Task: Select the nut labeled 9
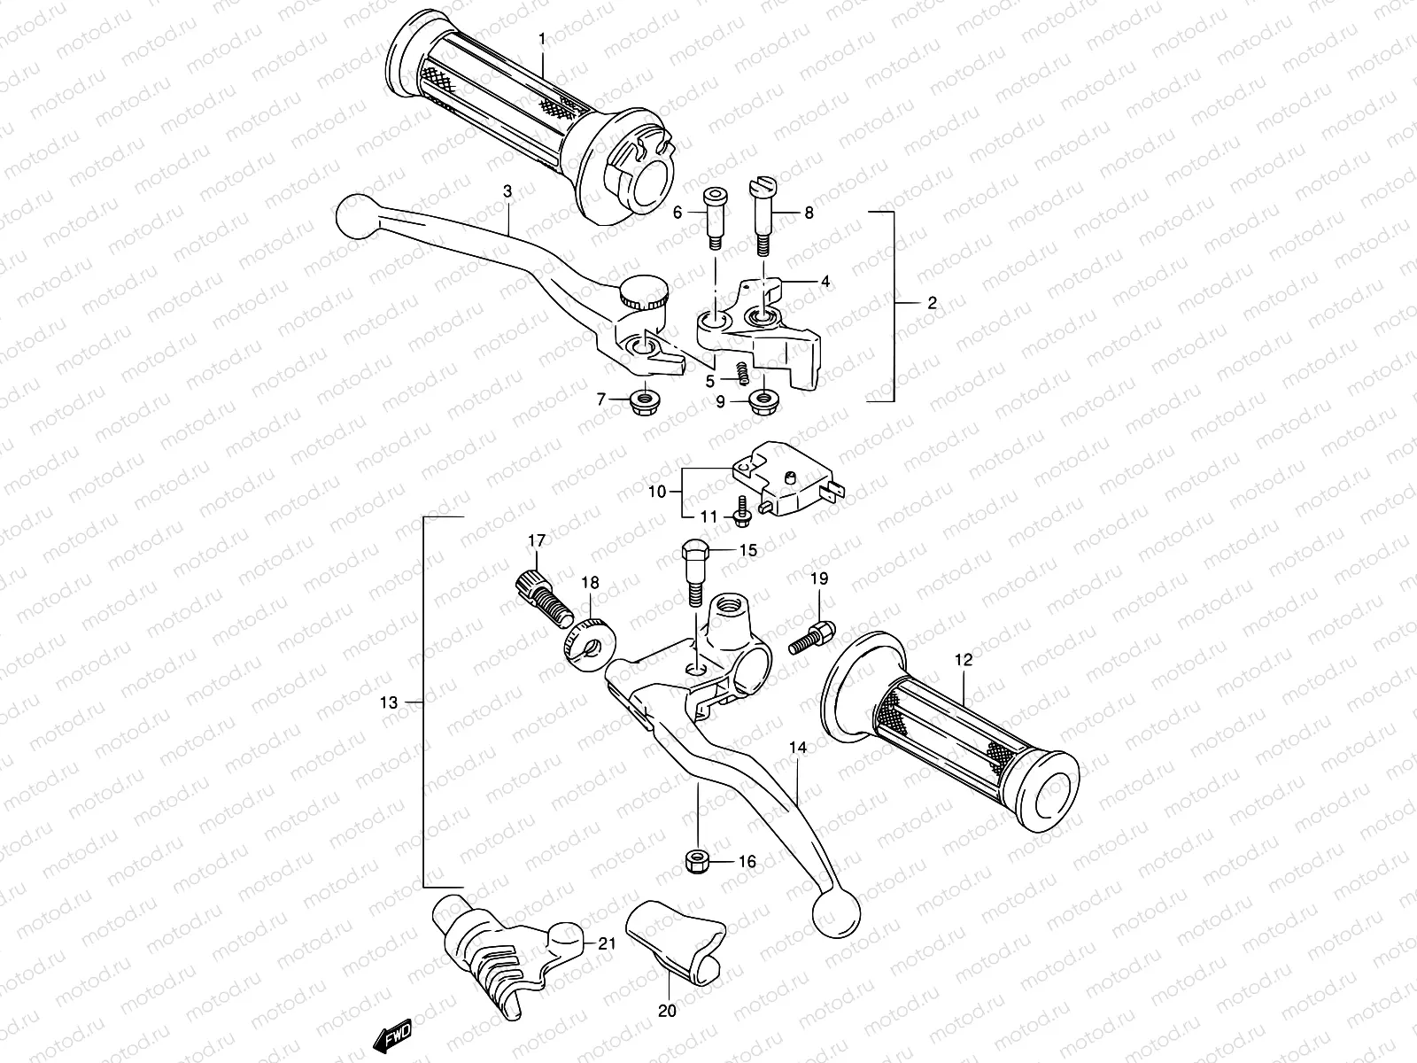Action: click(763, 402)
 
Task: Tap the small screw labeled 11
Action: click(741, 509)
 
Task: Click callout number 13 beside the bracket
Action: click(389, 702)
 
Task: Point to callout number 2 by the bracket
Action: click(931, 303)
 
